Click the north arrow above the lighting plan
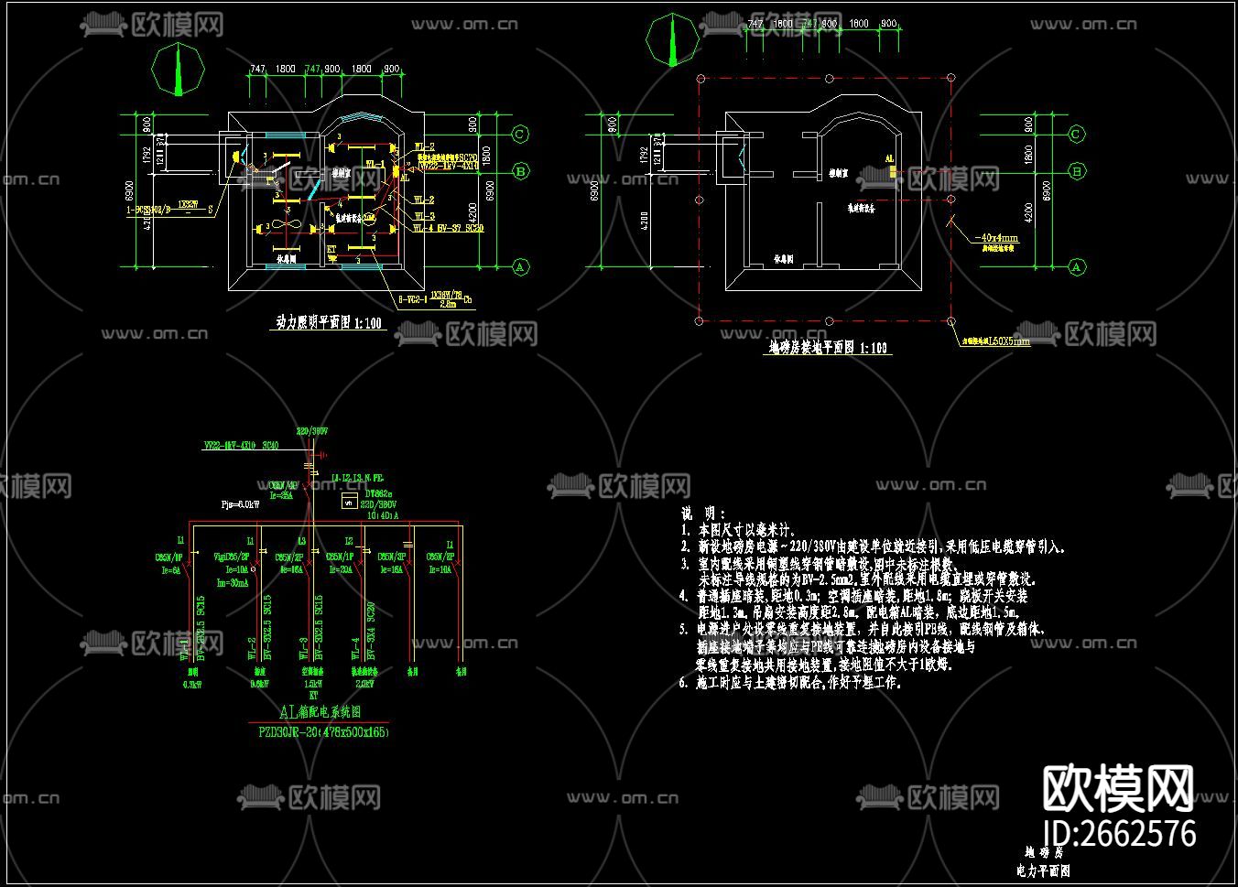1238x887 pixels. (179, 70)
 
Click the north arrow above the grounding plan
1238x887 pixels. (673, 40)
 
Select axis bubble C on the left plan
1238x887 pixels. (519, 135)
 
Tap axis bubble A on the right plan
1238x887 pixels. (1077, 267)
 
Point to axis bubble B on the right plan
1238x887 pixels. (1077, 171)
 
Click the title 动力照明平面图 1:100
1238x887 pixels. (329, 323)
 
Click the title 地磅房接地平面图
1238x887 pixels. (828, 348)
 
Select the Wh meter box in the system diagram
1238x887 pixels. (348, 502)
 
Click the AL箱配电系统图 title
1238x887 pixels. (320, 711)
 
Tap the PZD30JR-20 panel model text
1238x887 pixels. (323, 732)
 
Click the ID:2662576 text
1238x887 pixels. (1119, 834)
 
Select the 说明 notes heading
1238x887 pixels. (703, 514)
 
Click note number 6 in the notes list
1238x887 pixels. (683, 683)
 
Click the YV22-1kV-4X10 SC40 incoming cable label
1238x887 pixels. (241, 447)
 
